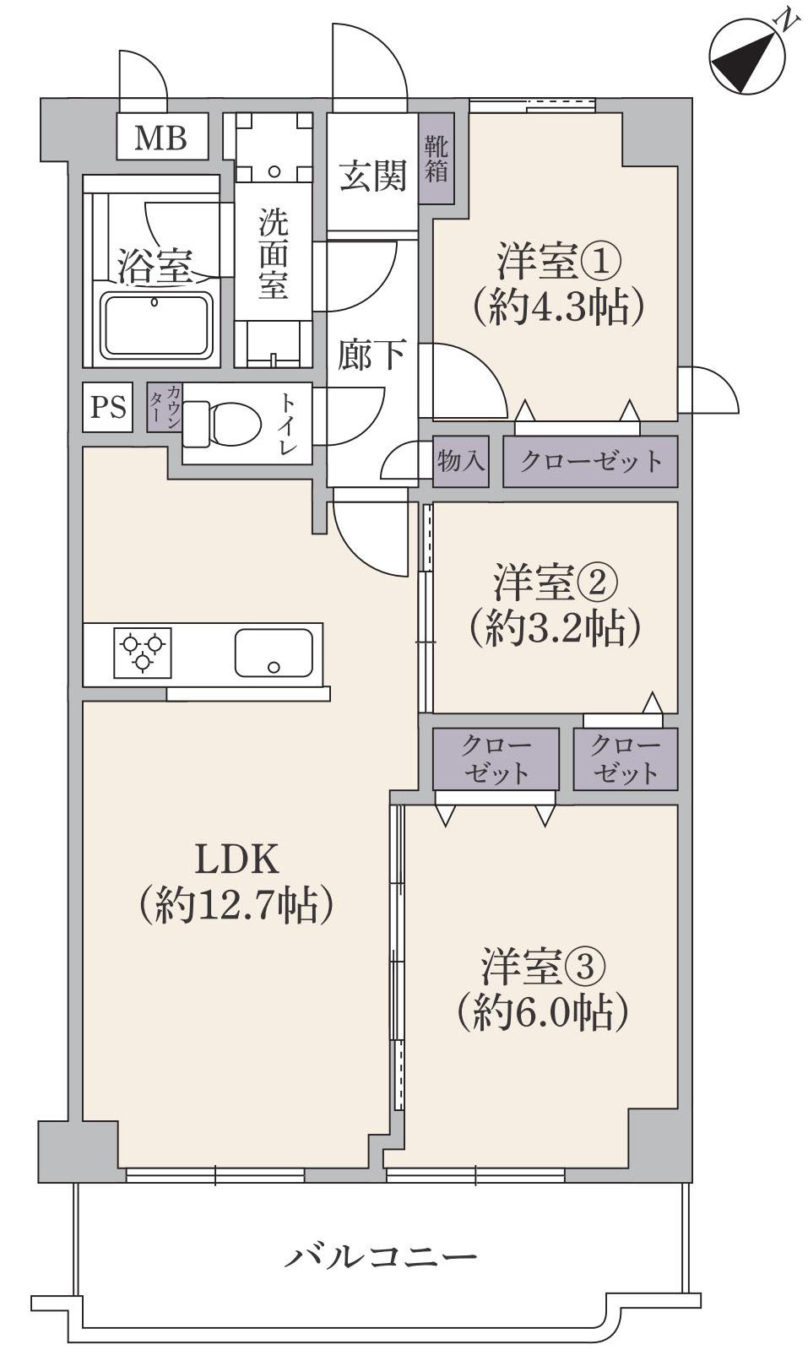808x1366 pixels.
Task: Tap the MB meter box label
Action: [160, 137]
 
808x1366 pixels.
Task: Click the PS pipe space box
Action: [108, 408]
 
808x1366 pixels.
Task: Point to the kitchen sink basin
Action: [273, 653]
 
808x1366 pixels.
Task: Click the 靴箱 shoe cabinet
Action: [436, 159]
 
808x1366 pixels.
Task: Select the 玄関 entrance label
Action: [372, 176]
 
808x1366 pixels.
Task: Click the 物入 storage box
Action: [460, 461]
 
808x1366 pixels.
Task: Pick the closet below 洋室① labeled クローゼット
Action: [590, 461]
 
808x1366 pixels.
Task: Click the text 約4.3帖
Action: [559, 307]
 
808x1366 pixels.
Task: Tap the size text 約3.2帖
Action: [556, 626]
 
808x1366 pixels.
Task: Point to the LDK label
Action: [236, 859]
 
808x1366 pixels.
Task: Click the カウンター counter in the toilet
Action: [165, 408]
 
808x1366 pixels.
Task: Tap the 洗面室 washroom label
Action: [273, 253]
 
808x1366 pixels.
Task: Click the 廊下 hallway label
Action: [372, 355]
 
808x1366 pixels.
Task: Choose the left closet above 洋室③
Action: [496, 759]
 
